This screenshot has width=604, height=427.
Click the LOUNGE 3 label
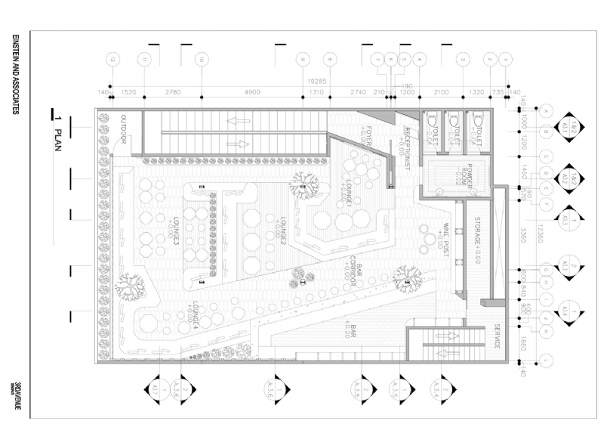175,231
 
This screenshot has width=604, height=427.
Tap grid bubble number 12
112,59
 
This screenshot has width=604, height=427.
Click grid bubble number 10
201,59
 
